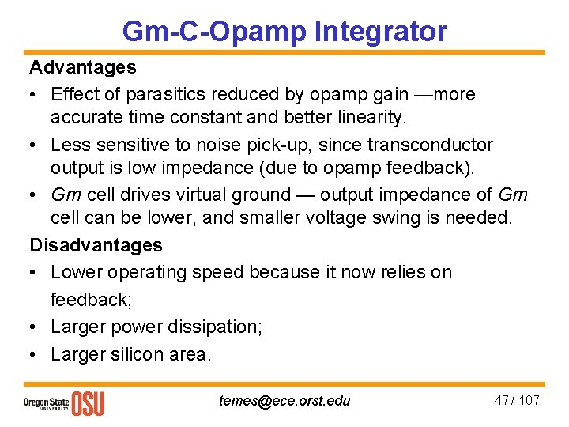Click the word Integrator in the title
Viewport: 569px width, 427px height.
coord(380,32)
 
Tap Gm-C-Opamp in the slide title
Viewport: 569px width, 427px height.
coord(214,32)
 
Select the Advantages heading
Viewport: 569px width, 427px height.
coord(83,68)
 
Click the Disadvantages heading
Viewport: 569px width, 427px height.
coord(96,245)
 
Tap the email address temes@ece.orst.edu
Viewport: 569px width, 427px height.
coord(284,401)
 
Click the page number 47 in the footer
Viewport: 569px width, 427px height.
coord(501,400)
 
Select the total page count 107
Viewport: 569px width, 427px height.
coord(528,400)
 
